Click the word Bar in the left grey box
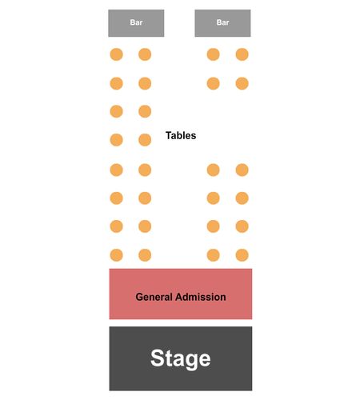136,22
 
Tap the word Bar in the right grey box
222,22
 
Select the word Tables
181,135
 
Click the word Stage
181,358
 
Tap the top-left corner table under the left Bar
117,54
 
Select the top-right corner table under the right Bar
242,54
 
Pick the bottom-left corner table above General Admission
117,255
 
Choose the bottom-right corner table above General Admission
242,255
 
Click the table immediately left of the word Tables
145,140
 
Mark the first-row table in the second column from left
145,54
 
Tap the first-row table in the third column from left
214,54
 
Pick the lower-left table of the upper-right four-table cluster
214,83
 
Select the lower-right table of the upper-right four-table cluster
242,83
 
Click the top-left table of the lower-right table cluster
214,170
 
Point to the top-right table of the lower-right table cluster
242,170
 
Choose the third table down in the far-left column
117,111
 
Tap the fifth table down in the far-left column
117,170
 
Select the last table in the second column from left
145,255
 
